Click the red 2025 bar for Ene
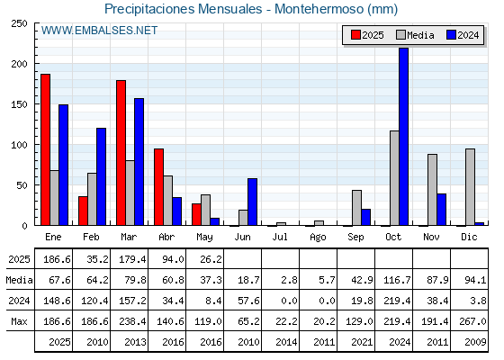[x=45, y=149]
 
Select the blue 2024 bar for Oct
[x=404, y=137]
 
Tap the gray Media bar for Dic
[x=470, y=187]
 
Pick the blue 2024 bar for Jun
[x=252, y=202]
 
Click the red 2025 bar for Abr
[x=158, y=187]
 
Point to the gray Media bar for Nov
[x=432, y=190]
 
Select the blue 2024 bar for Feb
[x=101, y=176]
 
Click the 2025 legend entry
[x=367, y=35]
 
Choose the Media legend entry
[x=415, y=35]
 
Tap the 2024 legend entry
[x=463, y=35]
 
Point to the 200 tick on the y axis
[x=19, y=64]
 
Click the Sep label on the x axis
[x=355, y=237]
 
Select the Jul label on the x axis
[x=280, y=237]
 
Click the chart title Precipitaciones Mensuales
[x=184, y=9]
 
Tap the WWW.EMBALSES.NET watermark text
[x=99, y=31]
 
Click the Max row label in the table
[x=19, y=321]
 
